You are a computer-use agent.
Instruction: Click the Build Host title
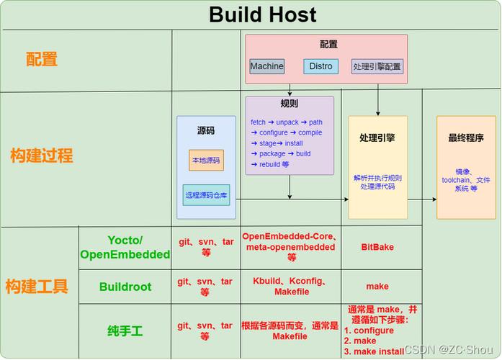tap(263, 14)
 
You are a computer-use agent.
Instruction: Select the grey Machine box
tap(267, 66)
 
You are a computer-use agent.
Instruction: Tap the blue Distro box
tap(321, 66)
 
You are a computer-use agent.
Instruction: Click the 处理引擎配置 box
tap(377, 66)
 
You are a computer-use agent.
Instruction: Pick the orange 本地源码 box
tap(206, 160)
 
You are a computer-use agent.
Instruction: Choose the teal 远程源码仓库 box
tap(206, 195)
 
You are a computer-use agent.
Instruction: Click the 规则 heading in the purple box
tap(289, 104)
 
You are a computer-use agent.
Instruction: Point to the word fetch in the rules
tap(258, 122)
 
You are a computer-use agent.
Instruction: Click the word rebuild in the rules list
tap(269, 164)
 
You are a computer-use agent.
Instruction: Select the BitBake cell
tap(377, 247)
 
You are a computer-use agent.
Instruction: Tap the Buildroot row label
tap(125, 287)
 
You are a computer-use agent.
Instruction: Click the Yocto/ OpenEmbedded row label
tap(125, 248)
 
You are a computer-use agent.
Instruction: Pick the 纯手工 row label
tap(125, 331)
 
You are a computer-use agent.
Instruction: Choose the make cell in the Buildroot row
tap(377, 286)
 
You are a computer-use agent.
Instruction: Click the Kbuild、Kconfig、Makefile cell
tap(291, 286)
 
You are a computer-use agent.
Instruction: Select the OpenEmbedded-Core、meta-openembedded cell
tap(290, 247)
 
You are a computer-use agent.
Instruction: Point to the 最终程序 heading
tap(466, 138)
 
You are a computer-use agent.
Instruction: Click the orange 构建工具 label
tap(37, 286)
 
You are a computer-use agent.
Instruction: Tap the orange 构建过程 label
tap(42, 156)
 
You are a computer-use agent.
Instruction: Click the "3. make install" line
tap(374, 351)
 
